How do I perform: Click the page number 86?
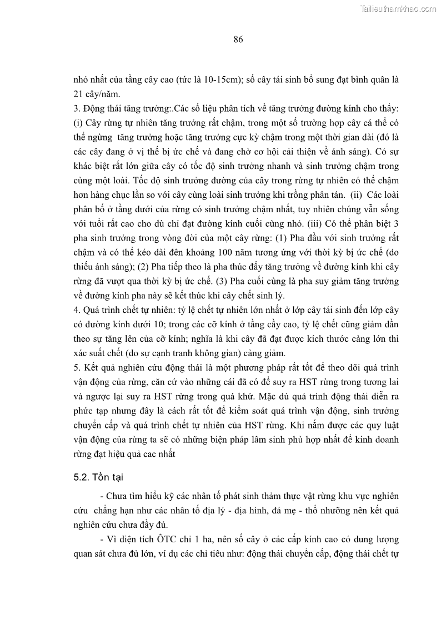238,39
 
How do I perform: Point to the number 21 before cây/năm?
78,94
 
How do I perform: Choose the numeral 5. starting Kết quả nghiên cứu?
77,368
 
